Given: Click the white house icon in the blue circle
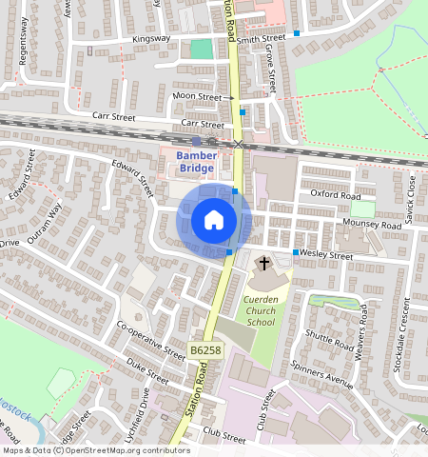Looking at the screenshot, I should click(214, 221).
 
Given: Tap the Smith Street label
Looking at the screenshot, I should click(261, 39).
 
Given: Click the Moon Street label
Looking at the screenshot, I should click(203, 97).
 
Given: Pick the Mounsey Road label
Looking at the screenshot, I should click(372, 226).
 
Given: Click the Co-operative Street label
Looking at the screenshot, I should click(151, 339).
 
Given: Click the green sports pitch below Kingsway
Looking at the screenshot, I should click(202, 49).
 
